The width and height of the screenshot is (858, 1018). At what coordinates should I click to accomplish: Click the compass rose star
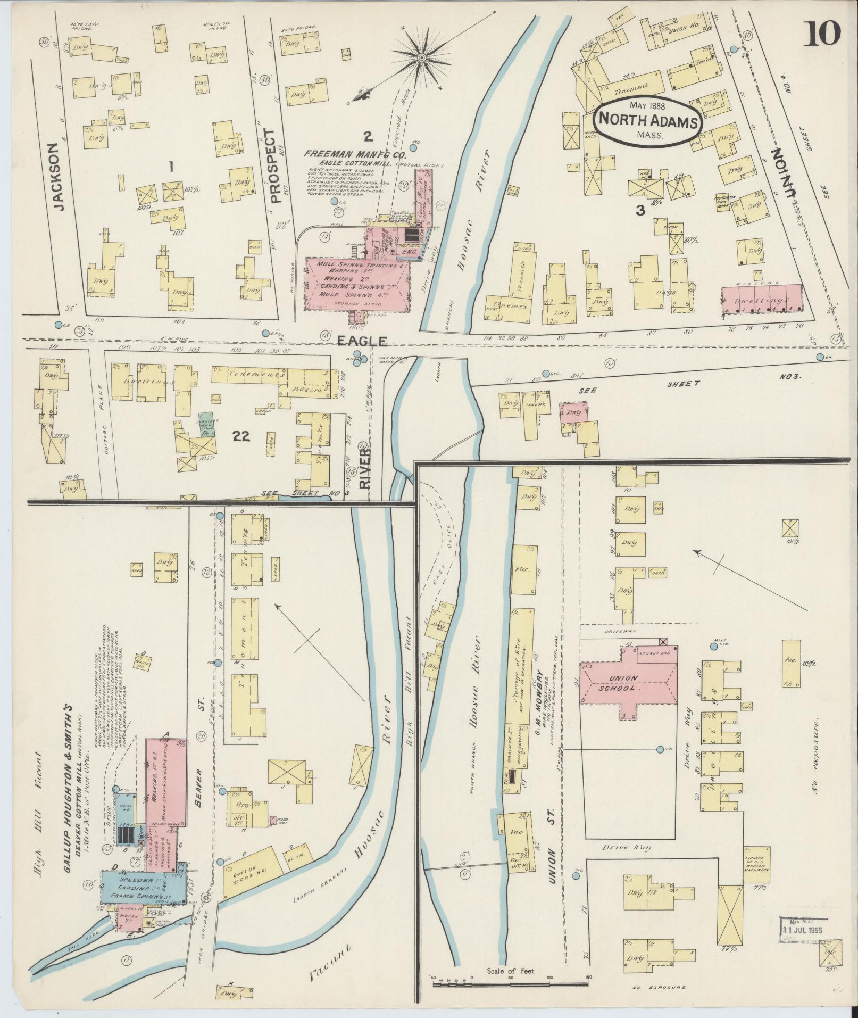point(422,57)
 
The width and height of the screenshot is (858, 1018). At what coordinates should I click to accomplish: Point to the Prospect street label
point(275,166)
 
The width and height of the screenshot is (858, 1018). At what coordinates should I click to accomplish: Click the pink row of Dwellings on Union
point(762,300)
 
